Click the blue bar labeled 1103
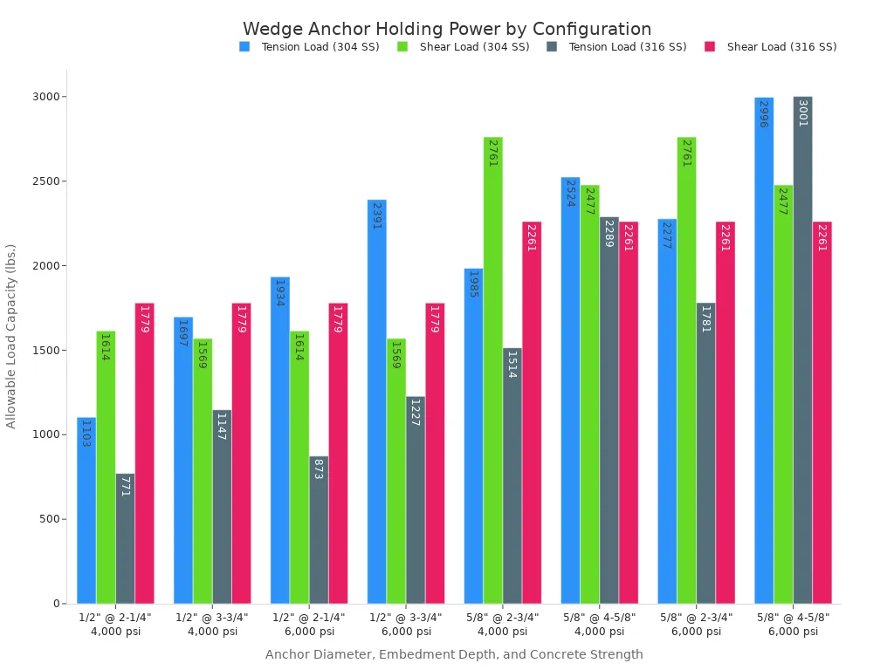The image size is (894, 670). [x=86, y=510]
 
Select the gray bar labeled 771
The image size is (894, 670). [x=125, y=538]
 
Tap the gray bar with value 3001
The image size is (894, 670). [x=802, y=350]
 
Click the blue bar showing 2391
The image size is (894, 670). [x=376, y=401]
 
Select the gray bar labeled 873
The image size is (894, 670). [x=319, y=530]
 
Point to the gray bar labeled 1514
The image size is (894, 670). [x=512, y=475]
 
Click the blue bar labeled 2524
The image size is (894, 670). [x=570, y=390]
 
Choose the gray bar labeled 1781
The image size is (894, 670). [x=705, y=453]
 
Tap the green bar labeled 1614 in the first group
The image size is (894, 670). [x=106, y=467]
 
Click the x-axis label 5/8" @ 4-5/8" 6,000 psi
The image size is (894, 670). [x=793, y=624]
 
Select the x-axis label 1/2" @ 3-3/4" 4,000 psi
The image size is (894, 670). [x=212, y=624]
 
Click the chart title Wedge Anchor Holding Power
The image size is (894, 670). [x=447, y=29]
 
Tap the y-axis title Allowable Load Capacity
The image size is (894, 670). [x=11, y=336]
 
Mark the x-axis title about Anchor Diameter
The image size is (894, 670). [x=454, y=654]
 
